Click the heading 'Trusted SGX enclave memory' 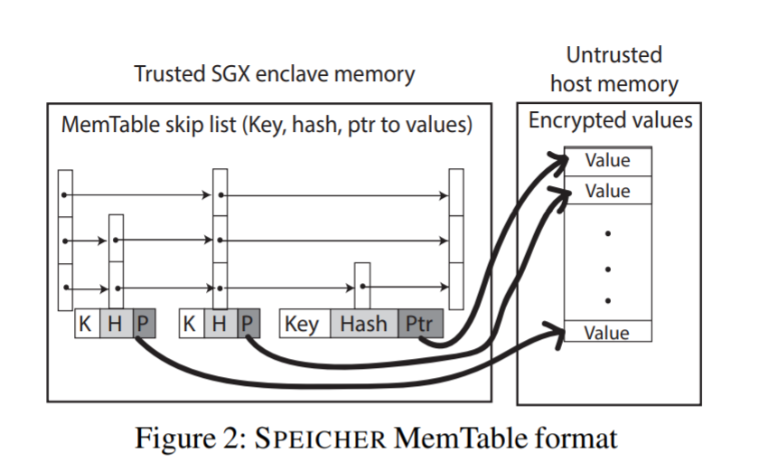274,74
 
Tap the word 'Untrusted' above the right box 614,54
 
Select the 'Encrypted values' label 610,120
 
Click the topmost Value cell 607,161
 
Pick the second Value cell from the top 607,191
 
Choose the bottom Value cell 607,332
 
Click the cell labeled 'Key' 302,325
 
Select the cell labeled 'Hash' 363,325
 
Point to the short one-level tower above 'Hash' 361,286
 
